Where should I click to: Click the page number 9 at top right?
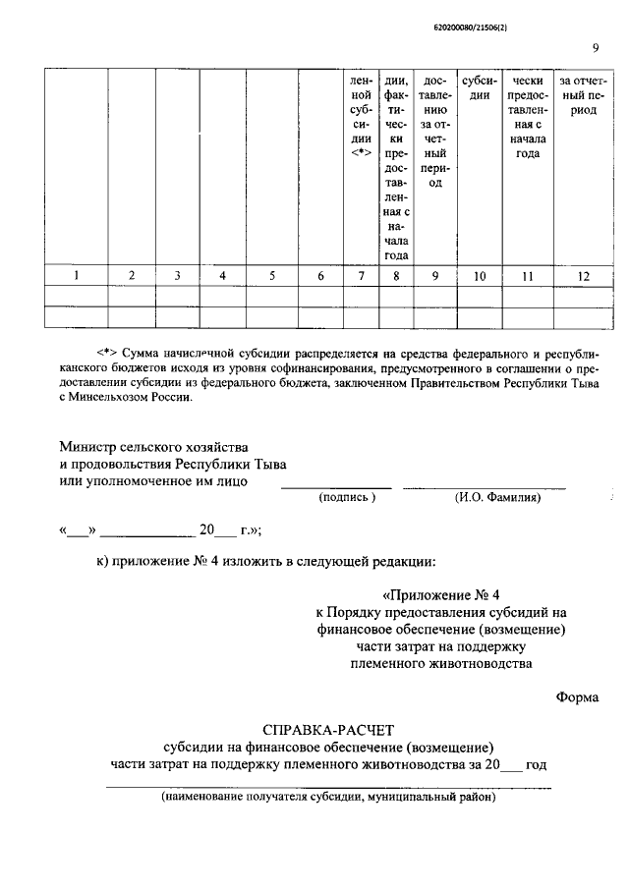[596, 47]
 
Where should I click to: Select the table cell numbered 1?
[76, 276]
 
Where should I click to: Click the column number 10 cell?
[480, 276]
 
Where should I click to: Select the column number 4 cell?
[223, 276]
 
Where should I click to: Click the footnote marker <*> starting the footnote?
[108, 351]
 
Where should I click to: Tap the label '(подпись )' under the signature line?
[347, 498]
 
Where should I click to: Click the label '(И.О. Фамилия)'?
[498, 498]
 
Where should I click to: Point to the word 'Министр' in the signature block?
[91, 447]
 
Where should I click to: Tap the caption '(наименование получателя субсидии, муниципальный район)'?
[329, 798]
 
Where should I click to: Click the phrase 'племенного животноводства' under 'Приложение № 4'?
[441, 663]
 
